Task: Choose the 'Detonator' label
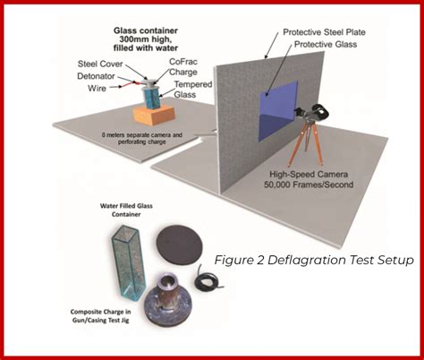(94, 77)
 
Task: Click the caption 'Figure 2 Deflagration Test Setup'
(314, 260)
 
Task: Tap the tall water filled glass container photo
(126, 260)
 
